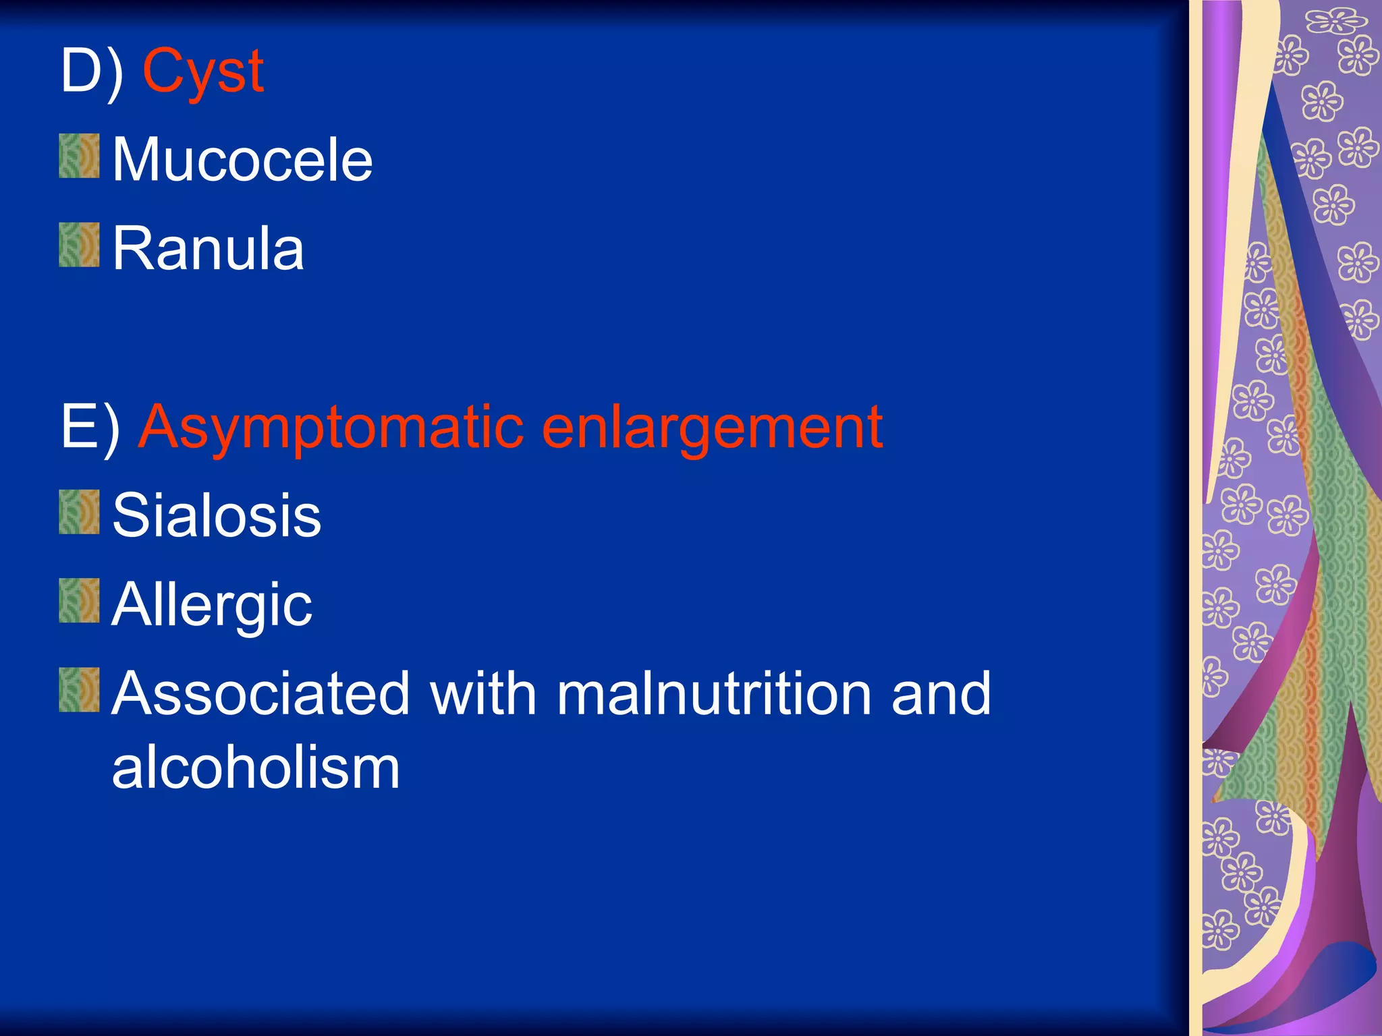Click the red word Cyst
pyautogui.click(x=202, y=73)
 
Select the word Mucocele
pyautogui.click(x=242, y=160)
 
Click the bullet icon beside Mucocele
pyautogui.click(x=79, y=156)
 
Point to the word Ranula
pyautogui.click(x=208, y=249)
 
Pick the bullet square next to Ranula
pyautogui.click(x=79, y=245)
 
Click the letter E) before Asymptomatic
pyautogui.click(x=90, y=427)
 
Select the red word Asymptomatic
pyautogui.click(x=331, y=429)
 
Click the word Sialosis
pyautogui.click(x=217, y=516)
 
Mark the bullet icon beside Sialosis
pyautogui.click(x=79, y=512)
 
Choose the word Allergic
pyautogui.click(x=212, y=606)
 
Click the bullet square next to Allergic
pyautogui.click(x=79, y=600)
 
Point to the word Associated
pyautogui.click(x=260, y=694)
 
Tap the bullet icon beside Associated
pyautogui.click(x=79, y=690)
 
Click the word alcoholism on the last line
pyautogui.click(x=256, y=768)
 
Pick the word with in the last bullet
pyautogui.click(x=482, y=694)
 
